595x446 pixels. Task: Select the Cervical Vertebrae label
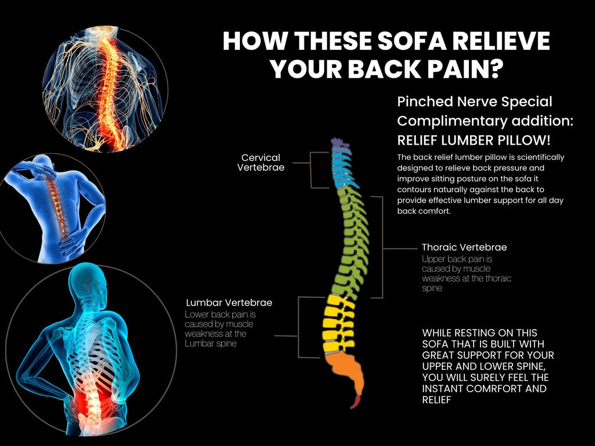pyautogui.click(x=261, y=163)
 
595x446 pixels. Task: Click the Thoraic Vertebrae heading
pyautogui.click(x=464, y=247)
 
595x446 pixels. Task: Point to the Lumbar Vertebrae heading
pyautogui.click(x=229, y=303)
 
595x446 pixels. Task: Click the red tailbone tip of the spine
pyautogui.click(x=355, y=401)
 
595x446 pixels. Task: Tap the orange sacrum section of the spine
pyautogui.click(x=346, y=372)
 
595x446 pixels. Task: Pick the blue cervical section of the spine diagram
pyautogui.click(x=341, y=166)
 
